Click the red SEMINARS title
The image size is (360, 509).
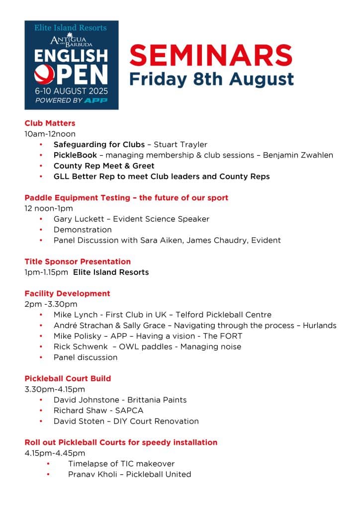click(211, 55)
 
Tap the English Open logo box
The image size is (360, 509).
click(72, 65)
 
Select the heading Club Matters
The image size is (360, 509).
click(50, 123)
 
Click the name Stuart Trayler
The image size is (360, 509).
click(180, 145)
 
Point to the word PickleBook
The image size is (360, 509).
click(75, 155)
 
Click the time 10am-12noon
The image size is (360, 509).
click(50, 134)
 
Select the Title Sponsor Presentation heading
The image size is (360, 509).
click(78, 261)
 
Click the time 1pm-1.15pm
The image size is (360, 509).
click(46, 272)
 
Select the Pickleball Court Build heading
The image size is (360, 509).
click(68, 379)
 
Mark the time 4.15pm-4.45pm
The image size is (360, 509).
click(55, 453)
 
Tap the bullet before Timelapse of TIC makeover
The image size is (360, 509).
click(48, 464)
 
